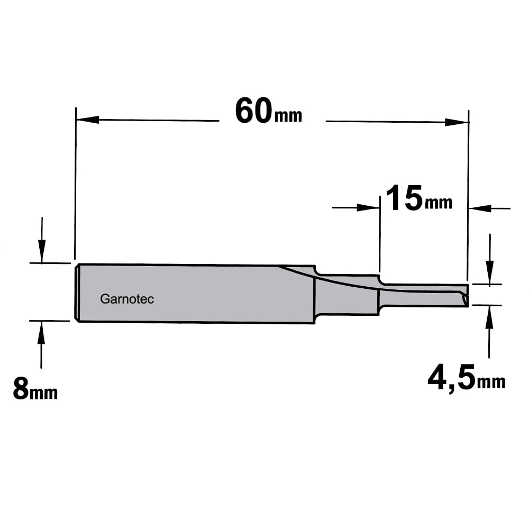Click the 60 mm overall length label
269,111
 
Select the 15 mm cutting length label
419,198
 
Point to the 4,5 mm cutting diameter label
466,377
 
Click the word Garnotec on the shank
127,299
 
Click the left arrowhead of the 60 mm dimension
88,120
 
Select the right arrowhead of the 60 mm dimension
457,122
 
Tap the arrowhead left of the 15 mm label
368,207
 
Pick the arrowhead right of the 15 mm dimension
480,208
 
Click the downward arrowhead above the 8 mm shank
42,251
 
